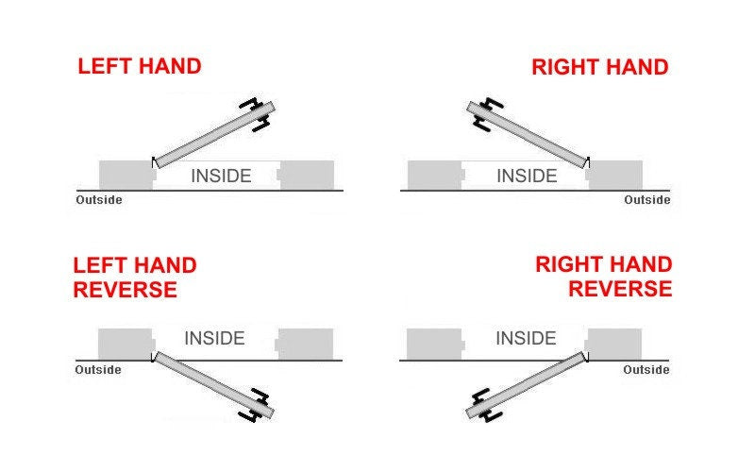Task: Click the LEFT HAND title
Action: pyautogui.click(x=140, y=66)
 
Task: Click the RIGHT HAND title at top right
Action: pyautogui.click(x=600, y=67)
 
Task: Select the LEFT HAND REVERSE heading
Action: pyautogui.click(x=135, y=278)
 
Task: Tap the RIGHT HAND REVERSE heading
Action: pyautogui.click(x=604, y=277)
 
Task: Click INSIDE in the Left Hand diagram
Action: pyautogui.click(x=221, y=176)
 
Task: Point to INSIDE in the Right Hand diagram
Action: pyautogui.click(x=527, y=176)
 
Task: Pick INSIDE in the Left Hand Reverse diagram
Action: pyautogui.click(x=215, y=338)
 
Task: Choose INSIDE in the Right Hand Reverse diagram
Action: pyautogui.click(x=526, y=338)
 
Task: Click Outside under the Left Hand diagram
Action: pyautogui.click(x=99, y=200)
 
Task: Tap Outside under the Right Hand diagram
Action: pyautogui.click(x=647, y=200)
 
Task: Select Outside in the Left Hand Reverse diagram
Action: pyautogui.click(x=98, y=370)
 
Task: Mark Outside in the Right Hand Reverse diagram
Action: pyautogui.click(x=646, y=370)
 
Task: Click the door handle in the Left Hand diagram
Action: pyautogui.click(x=255, y=114)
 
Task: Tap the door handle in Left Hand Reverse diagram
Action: pyautogui.click(x=255, y=406)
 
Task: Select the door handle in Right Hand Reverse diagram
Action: pyautogui.click(x=487, y=406)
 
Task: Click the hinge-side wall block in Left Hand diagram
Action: pyautogui.click(x=127, y=176)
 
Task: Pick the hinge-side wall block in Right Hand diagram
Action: pyautogui.click(x=614, y=176)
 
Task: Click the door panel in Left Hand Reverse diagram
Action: pyautogui.click(x=214, y=385)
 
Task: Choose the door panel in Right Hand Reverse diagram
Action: pyautogui.click(x=527, y=385)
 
